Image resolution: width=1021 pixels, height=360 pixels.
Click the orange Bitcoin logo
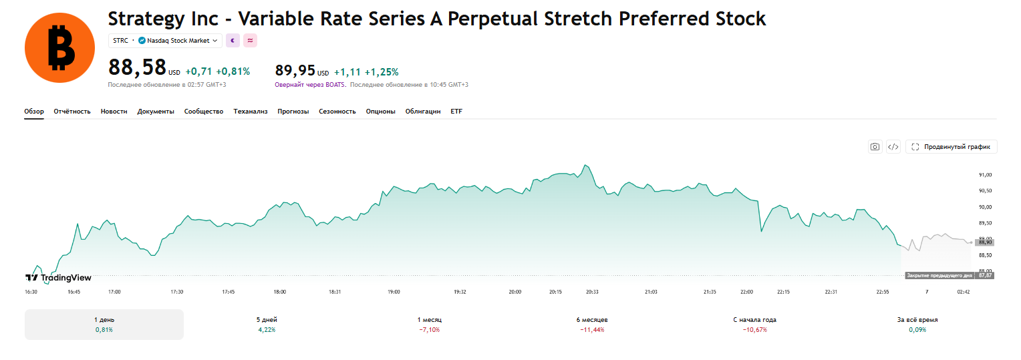tap(59, 48)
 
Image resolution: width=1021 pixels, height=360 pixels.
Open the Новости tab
tap(114, 111)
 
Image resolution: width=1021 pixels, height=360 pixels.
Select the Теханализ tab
tap(250, 111)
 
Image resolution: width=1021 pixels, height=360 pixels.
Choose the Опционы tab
tap(380, 111)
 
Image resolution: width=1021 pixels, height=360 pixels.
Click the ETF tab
tap(456, 111)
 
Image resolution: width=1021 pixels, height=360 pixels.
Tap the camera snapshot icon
tap(875, 147)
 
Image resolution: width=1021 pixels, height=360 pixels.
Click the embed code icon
tap(893, 147)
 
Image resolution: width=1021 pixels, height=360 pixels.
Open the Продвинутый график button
tap(952, 147)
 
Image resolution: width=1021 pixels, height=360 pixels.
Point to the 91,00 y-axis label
tap(985, 175)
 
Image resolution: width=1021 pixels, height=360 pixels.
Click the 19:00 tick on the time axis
tap(394, 292)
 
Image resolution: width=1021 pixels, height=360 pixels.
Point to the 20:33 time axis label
tap(592, 292)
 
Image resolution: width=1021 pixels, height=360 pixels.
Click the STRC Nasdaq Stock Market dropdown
tap(165, 41)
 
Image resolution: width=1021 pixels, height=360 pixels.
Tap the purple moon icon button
tap(233, 41)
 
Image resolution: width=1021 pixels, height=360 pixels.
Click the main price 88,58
tap(137, 67)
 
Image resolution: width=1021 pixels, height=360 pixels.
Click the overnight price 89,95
tap(295, 71)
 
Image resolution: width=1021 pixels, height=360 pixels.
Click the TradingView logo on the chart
tap(58, 278)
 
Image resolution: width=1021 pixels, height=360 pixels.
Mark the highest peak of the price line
tap(585, 165)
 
